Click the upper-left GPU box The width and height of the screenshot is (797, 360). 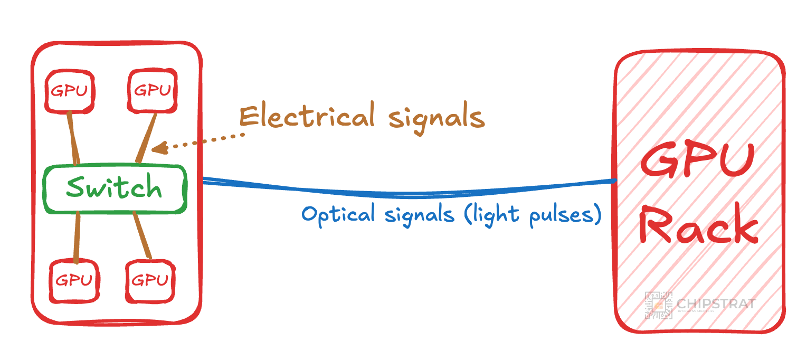[x=69, y=91]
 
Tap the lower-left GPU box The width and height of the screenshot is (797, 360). [x=74, y=280]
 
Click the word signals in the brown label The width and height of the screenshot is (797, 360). [x=436, y=118]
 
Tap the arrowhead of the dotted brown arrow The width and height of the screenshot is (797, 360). [x=158, y=148]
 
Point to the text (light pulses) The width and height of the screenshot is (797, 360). [x=533, y=215]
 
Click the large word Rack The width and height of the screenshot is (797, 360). [x=698, y=228]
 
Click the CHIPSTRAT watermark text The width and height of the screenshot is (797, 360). [x=716, y=304]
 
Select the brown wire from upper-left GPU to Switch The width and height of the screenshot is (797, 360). [x=73, y=138]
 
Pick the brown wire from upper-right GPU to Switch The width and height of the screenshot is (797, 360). [x=146, y=138]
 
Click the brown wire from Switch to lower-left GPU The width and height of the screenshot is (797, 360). [x=77, y=238]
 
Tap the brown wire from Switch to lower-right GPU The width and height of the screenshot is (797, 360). [x=143, y=235]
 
